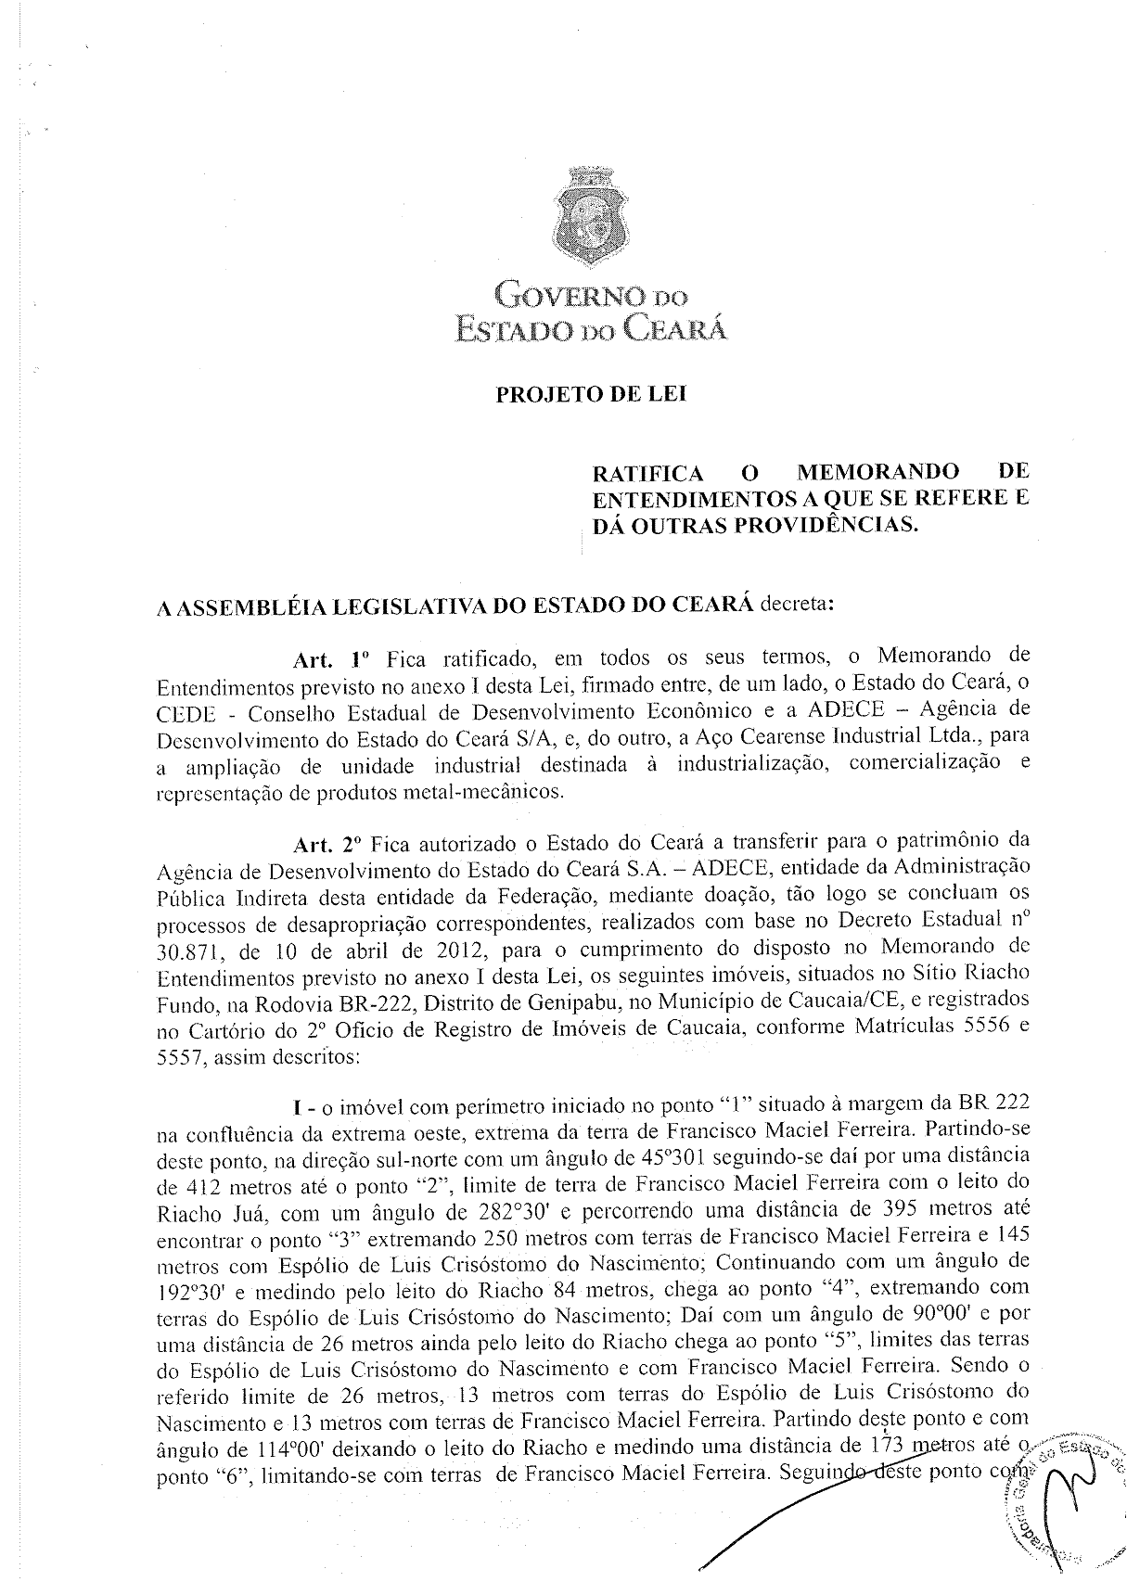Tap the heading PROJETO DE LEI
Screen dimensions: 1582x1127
pos(591,394)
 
